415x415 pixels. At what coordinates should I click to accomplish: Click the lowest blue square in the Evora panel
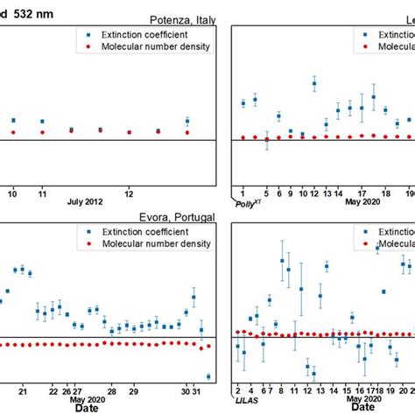[208, 376]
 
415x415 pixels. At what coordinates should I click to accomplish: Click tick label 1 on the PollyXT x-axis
[243, 192]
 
